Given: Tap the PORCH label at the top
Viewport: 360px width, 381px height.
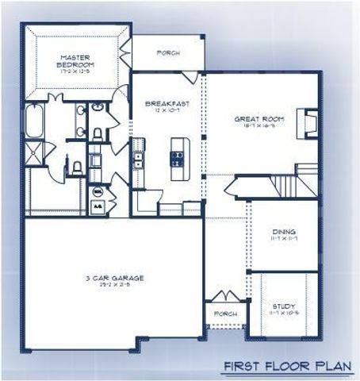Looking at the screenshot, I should click(x=169, y=54).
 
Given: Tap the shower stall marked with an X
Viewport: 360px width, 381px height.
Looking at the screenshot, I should click(x=35, y=156).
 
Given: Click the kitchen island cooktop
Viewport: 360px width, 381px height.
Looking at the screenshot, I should click(x=177, y=156).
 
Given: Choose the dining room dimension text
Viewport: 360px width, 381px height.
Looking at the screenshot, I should click(x=284, y=238).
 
